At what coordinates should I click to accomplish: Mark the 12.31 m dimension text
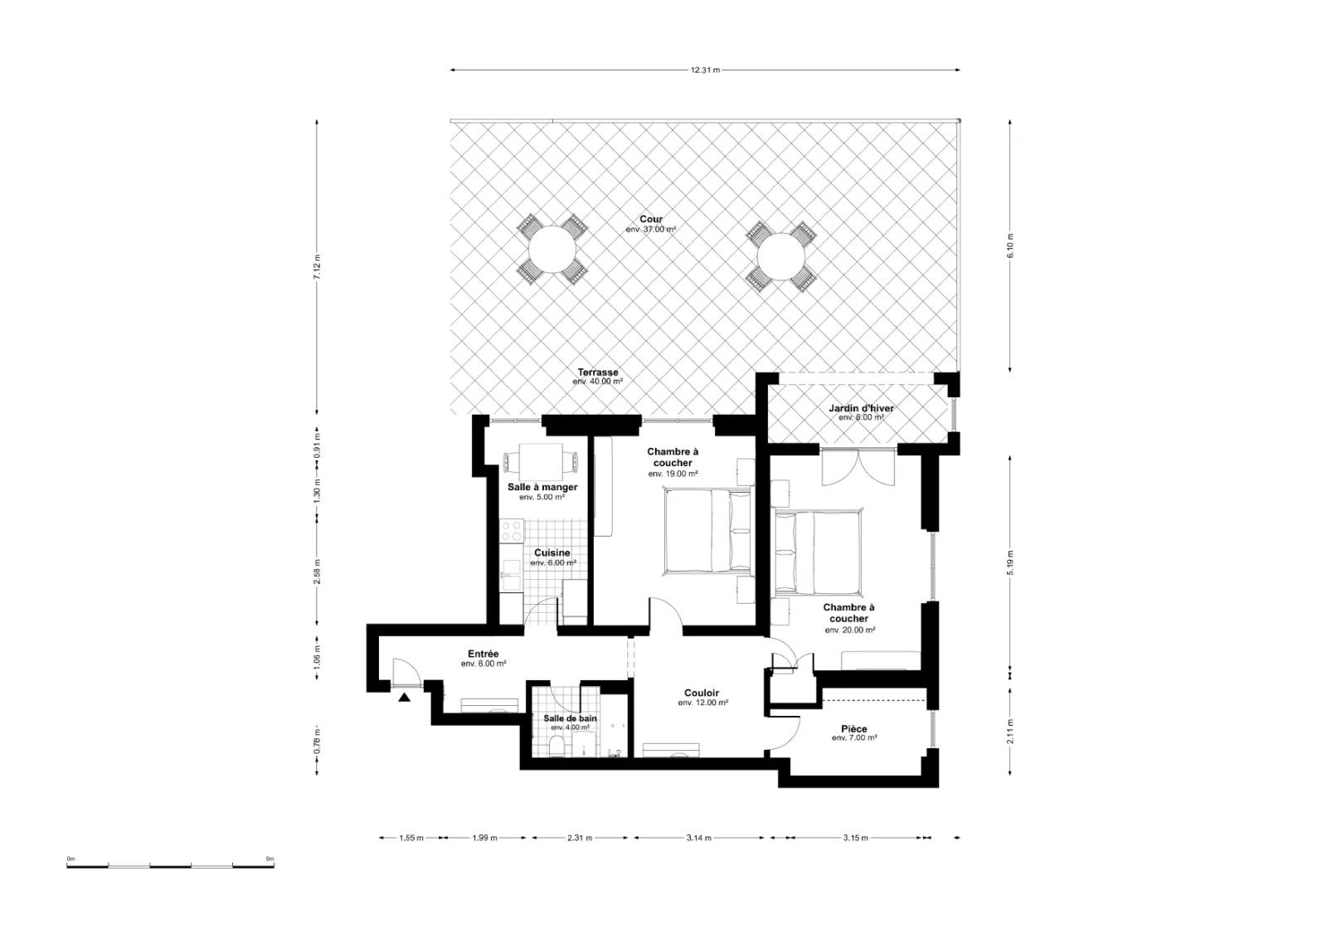tap(705, 70)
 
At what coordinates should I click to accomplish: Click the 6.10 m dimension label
tap(1010, 246)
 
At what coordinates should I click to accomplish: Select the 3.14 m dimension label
tap(699, 838)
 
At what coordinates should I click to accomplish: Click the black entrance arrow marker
tap(404, 698)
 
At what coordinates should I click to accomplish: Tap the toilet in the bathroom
tap(557, 747)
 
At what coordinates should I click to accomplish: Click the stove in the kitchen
tap(513, 531)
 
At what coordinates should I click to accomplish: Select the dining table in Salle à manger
tap(541, 462)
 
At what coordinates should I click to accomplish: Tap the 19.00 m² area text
tap(673, 474)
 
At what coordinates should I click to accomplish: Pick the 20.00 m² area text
tap(849, 630)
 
